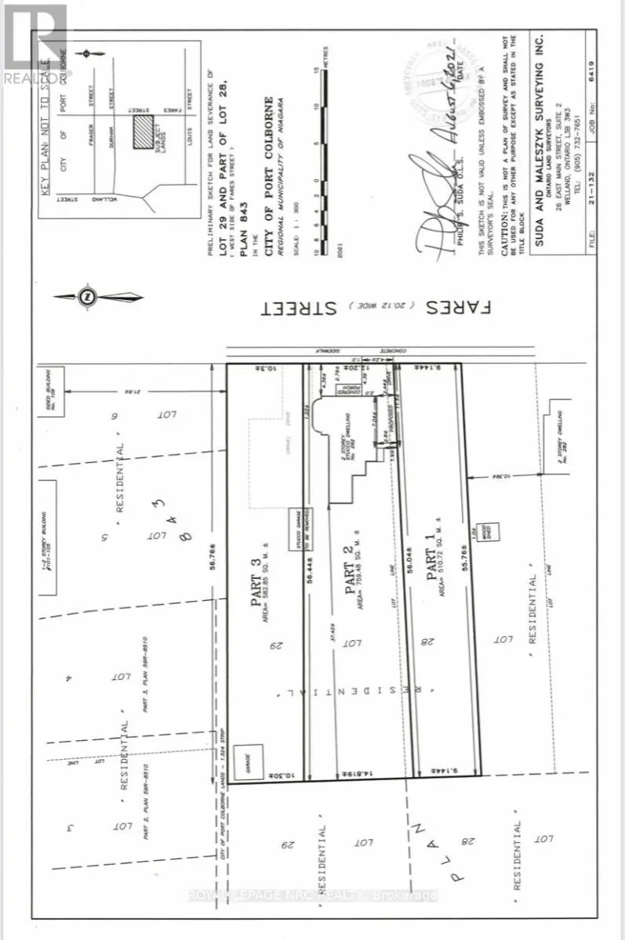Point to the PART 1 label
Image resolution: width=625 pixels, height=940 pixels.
coord(430,576)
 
